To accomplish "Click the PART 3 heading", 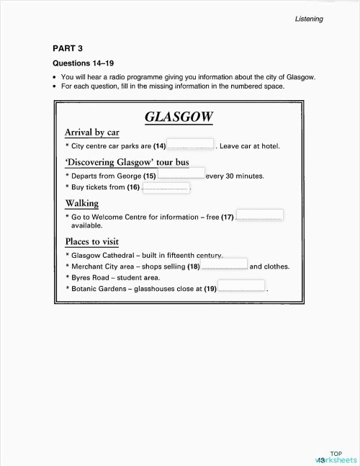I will pos(68,48).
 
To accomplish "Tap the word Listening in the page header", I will pos(308,19).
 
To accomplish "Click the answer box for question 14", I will pos(191,144).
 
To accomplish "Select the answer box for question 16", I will pos(166,187).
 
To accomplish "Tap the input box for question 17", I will pos(259,215).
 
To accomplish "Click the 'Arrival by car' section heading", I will pos(91,133).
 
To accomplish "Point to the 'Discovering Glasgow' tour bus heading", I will pos(127,162).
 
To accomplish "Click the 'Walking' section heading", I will pos(81,204).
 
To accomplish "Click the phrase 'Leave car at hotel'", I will pos(249,146).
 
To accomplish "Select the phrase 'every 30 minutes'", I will pos(235,176).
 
